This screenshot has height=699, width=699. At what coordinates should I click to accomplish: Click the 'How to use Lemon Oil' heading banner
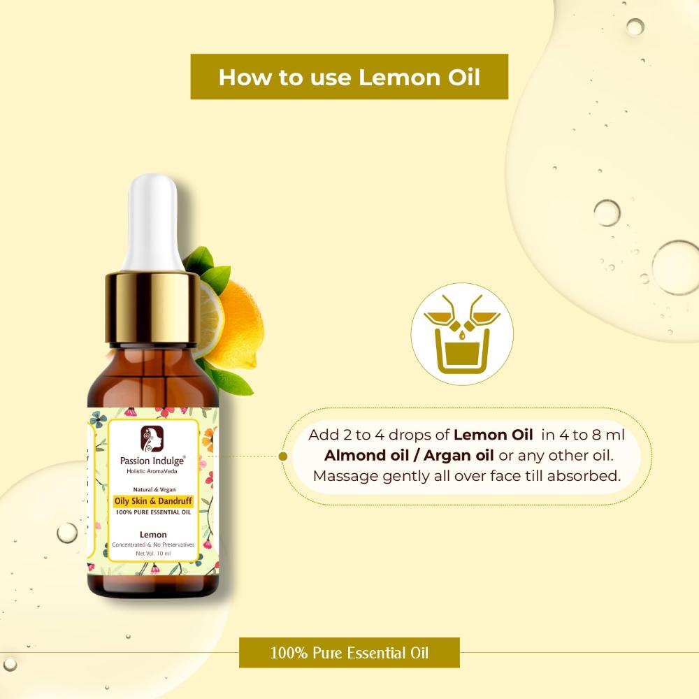[349, 77]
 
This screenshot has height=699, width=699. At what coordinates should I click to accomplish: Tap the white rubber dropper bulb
[153, 223]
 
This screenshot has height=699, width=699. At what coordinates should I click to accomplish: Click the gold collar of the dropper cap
[152, 308]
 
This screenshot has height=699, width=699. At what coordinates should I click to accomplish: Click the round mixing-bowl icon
[462, 334]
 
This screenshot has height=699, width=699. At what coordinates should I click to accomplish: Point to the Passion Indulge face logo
[152, 439]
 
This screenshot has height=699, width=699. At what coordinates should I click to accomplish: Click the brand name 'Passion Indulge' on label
[152, 461]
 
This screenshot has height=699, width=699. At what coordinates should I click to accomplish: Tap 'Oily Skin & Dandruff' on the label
[153, 501]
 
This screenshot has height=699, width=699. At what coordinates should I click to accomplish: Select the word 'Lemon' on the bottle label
[153, 535]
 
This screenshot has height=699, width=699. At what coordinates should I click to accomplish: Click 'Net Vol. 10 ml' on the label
[153, 554]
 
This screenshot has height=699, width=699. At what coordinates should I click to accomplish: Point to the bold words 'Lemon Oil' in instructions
[493, 435]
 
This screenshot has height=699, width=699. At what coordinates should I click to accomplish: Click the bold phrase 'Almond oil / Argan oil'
[409, 456]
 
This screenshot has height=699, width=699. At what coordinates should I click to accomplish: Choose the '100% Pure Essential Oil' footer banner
[349, 653]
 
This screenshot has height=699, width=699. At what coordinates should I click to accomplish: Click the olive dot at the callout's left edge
[282, 456]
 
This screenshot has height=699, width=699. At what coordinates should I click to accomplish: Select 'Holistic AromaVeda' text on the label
[152, 471]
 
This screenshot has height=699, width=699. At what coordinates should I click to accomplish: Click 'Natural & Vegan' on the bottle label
[154, 489]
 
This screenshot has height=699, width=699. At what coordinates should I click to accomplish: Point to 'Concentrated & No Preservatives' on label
[153, 545]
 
